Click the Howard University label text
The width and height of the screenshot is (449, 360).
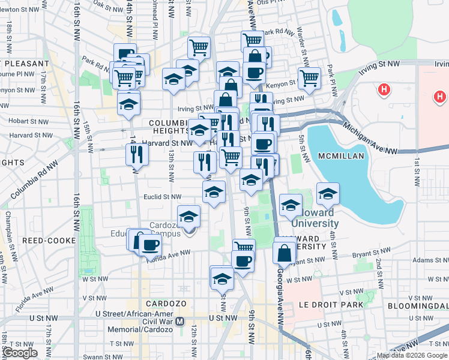(x=315, y=223)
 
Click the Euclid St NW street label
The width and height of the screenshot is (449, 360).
(x=163, y=196)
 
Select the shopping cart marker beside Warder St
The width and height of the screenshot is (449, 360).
(x=309, y=77)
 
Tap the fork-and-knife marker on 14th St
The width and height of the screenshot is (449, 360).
(x=137, y=154)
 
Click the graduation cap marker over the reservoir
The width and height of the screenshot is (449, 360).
(x=328, y=193)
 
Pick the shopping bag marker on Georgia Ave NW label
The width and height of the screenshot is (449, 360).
(x=284, y=253)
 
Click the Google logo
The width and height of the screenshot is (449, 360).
(x=20, y=353)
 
